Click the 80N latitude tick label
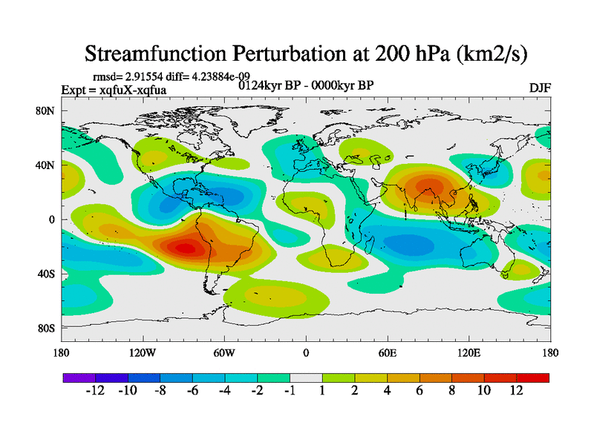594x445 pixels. [x=48, y=111]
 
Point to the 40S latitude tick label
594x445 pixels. [x=48, y=274]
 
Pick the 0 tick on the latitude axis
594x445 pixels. [x=53, y=220]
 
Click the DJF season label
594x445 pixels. [x=539, y=88]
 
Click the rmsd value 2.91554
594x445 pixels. [x=143, y=77]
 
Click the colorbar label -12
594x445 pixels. [x=96, y=391]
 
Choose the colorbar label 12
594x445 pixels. [x=516, y=391]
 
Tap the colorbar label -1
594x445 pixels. [x=290, y=391]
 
